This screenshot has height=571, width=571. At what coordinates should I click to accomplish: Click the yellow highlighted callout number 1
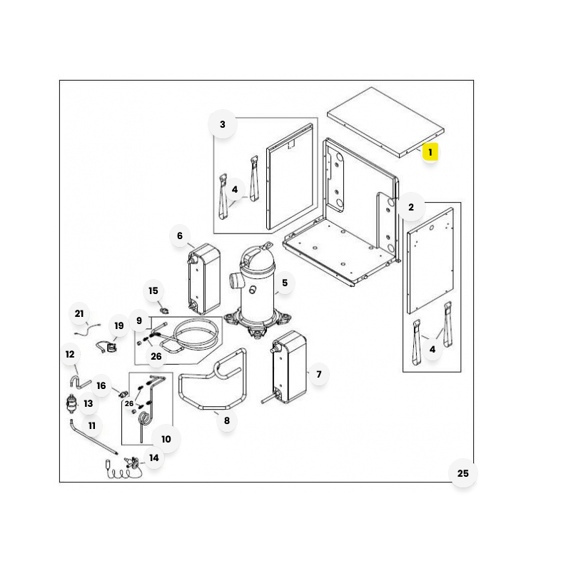(430, 152)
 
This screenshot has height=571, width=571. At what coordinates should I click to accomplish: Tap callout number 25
(463, 473)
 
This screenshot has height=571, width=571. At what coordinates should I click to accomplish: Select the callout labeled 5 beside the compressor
(285, 283)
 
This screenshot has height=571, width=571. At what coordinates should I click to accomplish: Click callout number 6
(180, 236)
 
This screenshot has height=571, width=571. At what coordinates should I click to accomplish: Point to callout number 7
(319, 374)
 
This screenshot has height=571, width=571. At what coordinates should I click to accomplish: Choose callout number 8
(227, 420)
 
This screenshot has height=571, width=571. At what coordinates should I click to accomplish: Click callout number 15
(153, 290)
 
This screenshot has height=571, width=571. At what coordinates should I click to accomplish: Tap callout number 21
(79, 313)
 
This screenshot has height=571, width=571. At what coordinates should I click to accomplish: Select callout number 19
(119, 325)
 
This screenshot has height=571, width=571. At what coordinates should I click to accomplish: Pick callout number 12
(70, 354)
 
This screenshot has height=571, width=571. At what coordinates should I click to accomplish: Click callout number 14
(154, 458)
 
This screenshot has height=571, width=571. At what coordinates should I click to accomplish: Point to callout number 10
(166, 439)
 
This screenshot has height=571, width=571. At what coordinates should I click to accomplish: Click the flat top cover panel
(385, 122)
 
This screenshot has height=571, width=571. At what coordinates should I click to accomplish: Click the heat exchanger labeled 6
(203, 278)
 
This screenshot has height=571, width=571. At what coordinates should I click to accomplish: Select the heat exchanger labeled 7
(289, 367)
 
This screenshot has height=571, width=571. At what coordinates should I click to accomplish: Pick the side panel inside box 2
(430, 261)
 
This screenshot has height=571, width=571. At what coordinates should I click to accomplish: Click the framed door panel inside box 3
(290, 177)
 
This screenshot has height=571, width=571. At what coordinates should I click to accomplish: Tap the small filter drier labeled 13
(71, 403)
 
